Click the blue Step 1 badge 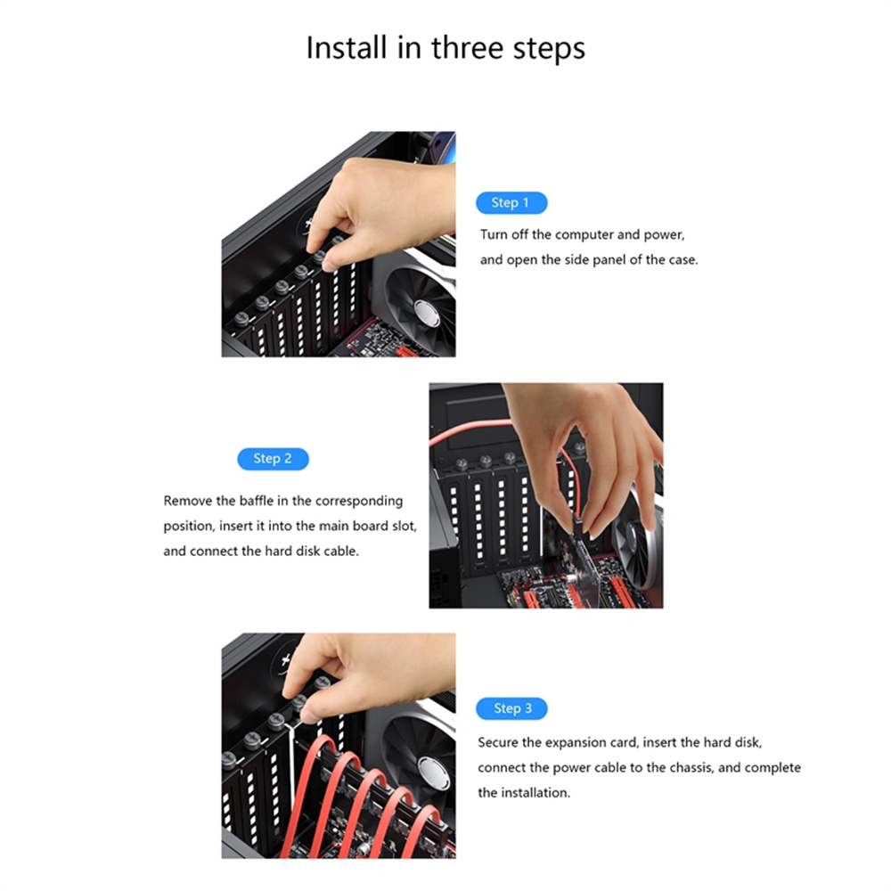pyautogui.click(x=511, y=203)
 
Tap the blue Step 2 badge pyautogui.click(x=273, y=459)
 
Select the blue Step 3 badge pyautogui.click(x=511, y=708)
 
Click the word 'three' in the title pyautogui.click(x=468, y=47)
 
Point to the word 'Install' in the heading pyautogui.click(x=347, y=47)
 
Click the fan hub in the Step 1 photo pyautogui.click(x=428, y=313)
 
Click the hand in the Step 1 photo pyautogui.click(x=380, y=210)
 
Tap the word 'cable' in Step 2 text pyautogui.click(x=341, y=551)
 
